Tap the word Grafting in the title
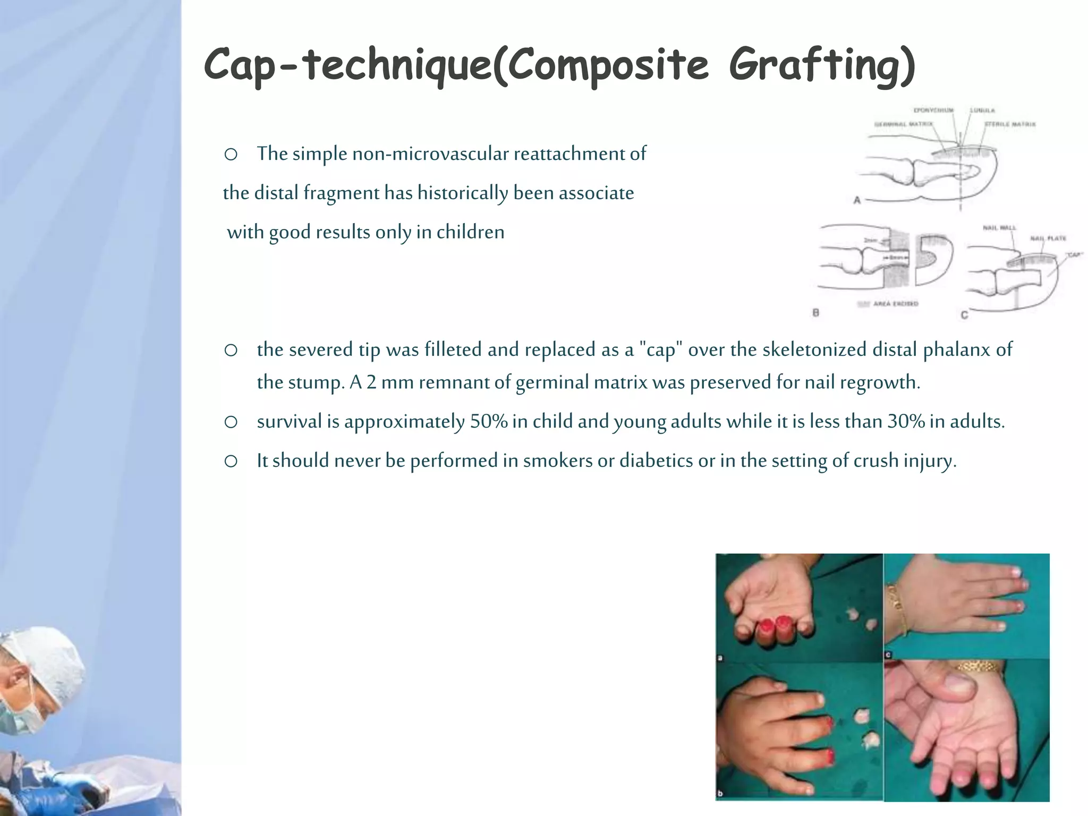tap(821, 66)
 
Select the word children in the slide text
tap(470, 232)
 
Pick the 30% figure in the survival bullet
tap(906, 421)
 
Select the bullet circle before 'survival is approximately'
tap(231, 422)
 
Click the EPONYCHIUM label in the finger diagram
tap(933, 110)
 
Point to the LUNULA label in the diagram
tap(982, 110)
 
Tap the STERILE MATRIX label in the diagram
tap(1010, 124)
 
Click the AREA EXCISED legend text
tap(896, 304)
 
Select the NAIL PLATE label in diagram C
tap(1048, 238)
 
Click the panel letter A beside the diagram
tap(857, 200)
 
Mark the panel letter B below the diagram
tap(816, 313)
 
